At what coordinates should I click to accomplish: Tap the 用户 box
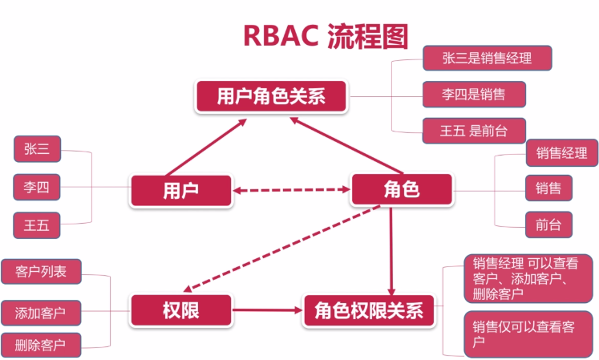180,191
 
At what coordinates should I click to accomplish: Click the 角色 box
402,191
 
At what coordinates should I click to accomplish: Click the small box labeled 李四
37,187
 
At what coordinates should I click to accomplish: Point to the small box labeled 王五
37,225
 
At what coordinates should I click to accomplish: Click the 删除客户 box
40,346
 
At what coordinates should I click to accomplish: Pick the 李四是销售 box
475,94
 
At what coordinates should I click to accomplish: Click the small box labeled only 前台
548,224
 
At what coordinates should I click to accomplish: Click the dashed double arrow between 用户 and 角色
292,191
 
